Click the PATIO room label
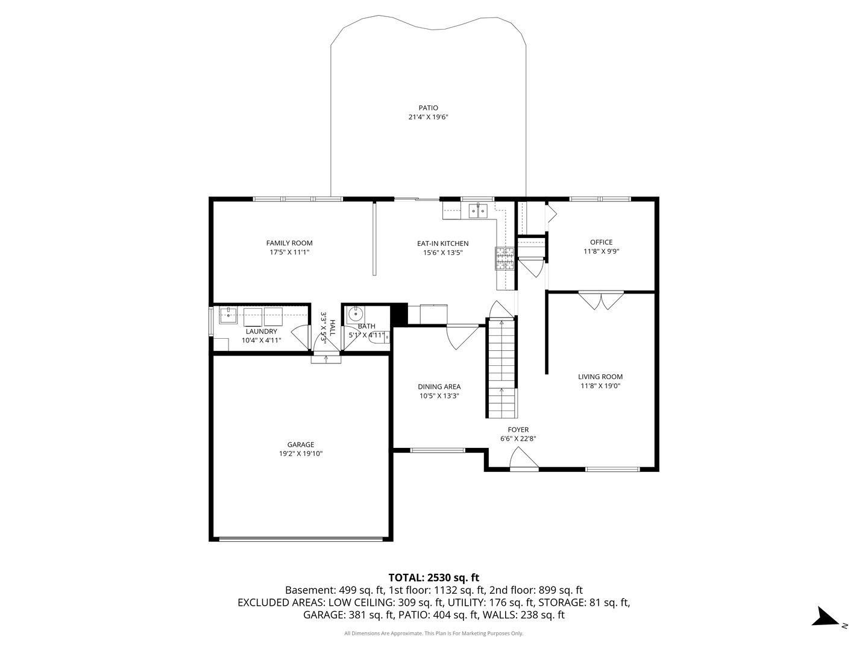pos(428,108)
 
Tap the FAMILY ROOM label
pos(289,243)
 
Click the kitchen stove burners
pos(505,259)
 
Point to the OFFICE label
pos(601,242)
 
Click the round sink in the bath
pos(355,315)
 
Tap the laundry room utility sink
pos(228,315)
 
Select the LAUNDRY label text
pos(262,332)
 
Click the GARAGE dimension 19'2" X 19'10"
pos(301,454)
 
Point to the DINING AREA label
pos(439,386)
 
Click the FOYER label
pos(518,430)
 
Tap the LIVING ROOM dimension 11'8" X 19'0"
pos(600,386)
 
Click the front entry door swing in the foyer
pos(524,459)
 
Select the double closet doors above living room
pos(601,300)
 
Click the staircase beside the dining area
pos(502,368)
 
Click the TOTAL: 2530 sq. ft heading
pos(434,577)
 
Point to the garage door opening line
pos(301,538)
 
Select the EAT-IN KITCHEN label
pos(442,244)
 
